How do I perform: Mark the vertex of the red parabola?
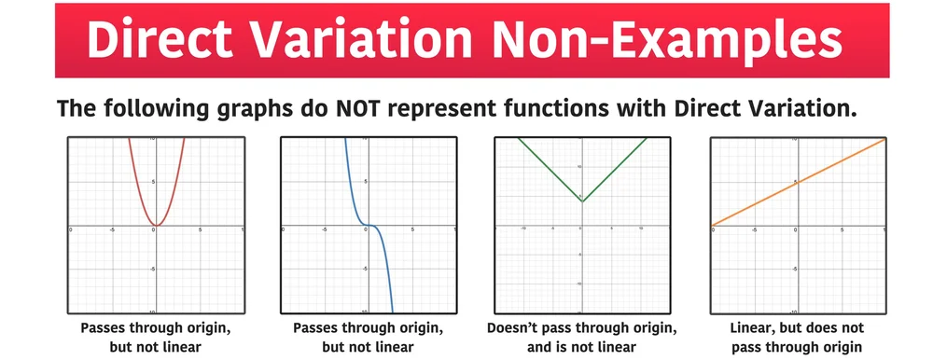tap(156, 225)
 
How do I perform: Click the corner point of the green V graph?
tap(582, 201)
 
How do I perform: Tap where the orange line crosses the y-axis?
tap(798, 182)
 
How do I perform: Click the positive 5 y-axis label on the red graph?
tap(151, 182)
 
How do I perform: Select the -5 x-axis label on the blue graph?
tap(324, 229)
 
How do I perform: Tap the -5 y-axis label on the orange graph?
tap(793, 269)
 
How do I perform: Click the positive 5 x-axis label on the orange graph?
tap(842, 229)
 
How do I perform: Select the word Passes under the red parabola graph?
tap(104, 328)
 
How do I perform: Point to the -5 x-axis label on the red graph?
tap(111, 229)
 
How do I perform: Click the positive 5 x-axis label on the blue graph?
tap(411, 229)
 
